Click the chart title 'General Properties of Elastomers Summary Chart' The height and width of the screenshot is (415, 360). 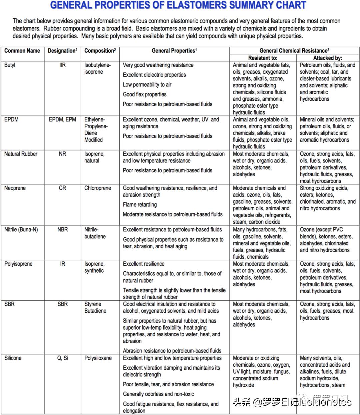[178, 5]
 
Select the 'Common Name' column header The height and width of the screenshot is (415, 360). [22, 51]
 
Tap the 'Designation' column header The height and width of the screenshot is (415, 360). [62, 51]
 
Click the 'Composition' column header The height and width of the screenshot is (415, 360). [100, 51]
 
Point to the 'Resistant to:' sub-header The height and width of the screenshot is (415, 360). [263, 58]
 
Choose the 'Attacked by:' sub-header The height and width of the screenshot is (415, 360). [328, 58]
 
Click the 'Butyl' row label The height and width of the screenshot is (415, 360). [10, 65]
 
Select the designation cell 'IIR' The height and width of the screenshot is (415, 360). [62, 65]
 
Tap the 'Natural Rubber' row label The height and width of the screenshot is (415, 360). [21, 154]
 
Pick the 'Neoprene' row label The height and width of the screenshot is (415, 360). [15, 188]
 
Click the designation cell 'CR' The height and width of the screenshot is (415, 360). [62, 188]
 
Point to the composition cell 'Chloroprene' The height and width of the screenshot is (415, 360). [98, 188]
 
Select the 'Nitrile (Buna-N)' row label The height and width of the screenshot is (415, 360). [21, 230]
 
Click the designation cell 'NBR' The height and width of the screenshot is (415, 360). [62, 230]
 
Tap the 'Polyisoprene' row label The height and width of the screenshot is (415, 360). [18, 264]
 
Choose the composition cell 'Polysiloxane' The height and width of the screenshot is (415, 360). [98, 358]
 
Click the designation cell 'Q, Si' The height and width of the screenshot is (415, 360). [62, 358]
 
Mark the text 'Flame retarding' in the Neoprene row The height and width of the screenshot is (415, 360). [140, 204]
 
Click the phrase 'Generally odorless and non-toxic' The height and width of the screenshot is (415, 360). [158, 394]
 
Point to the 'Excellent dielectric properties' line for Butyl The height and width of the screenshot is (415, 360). [154, 75]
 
